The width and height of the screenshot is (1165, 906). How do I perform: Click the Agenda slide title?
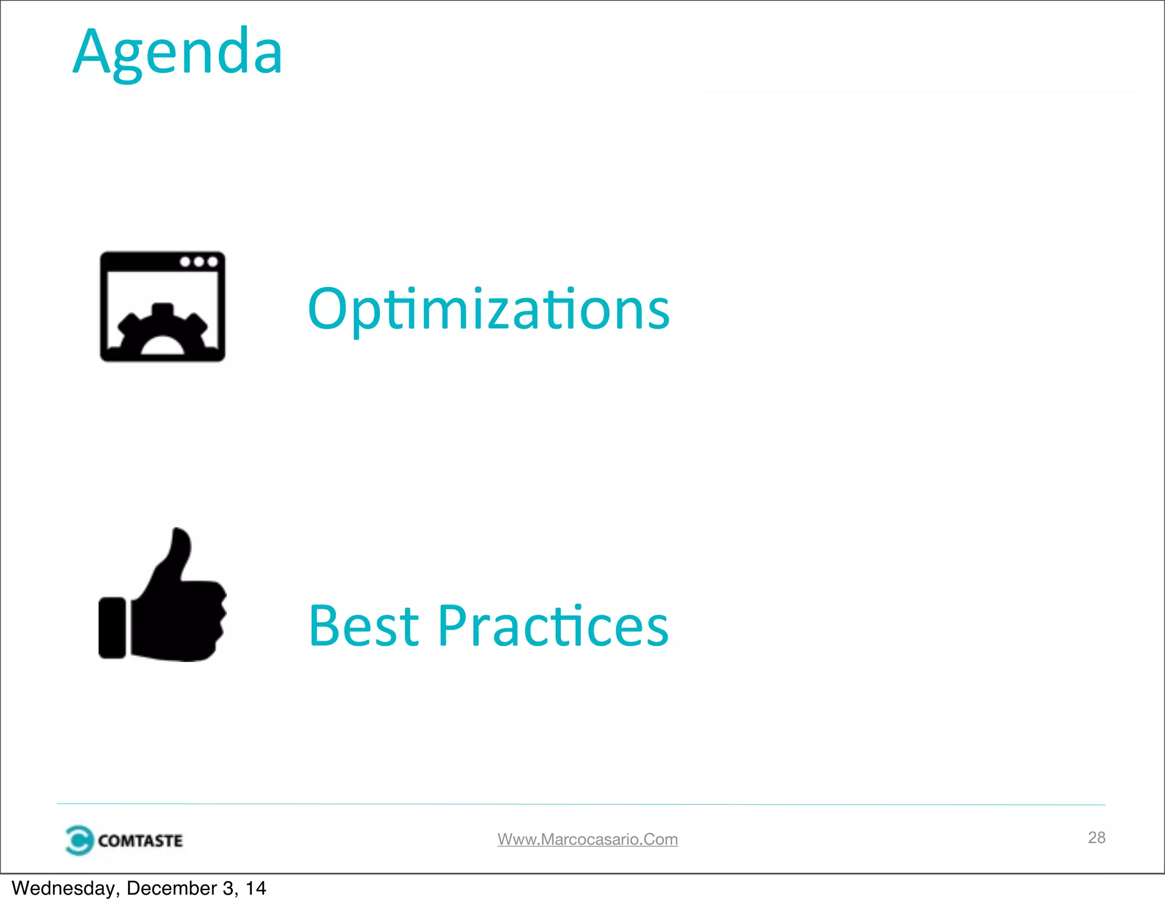(177, 52)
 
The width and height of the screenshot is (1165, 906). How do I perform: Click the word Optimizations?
(488, 309)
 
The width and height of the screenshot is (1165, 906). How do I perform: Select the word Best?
(364, 626)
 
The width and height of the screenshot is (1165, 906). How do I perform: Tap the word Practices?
(553, 626)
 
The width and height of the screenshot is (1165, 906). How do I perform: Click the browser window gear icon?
(163, 307)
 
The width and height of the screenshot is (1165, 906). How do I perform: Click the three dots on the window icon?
(199, 262)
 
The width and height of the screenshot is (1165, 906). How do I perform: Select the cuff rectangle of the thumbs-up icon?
(112, 628)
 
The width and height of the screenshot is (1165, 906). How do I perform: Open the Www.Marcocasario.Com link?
(588, 839)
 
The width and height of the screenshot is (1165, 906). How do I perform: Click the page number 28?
(1096, 837)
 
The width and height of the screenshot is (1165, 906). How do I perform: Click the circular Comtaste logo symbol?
(79, 840)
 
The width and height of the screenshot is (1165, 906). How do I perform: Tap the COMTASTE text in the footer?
(140, 841)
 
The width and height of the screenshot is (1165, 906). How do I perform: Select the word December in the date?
(172, 888)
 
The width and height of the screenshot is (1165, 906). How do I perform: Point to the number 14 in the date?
(255, 888)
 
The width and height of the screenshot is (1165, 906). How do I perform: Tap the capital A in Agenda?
(94, 52)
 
